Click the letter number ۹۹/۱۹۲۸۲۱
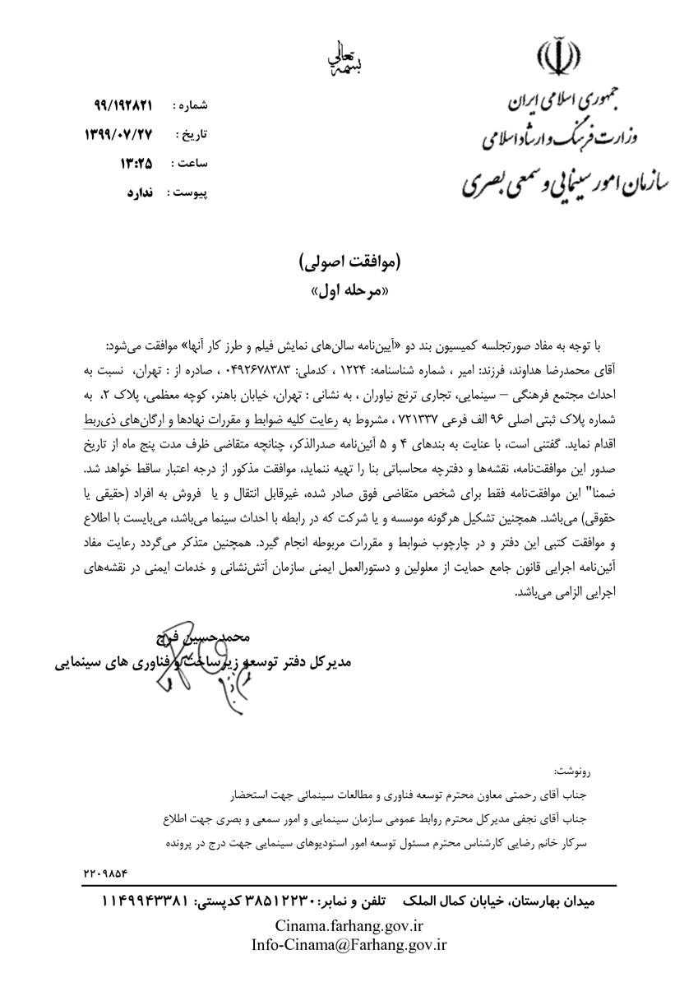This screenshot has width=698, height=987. tap(124, 107)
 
